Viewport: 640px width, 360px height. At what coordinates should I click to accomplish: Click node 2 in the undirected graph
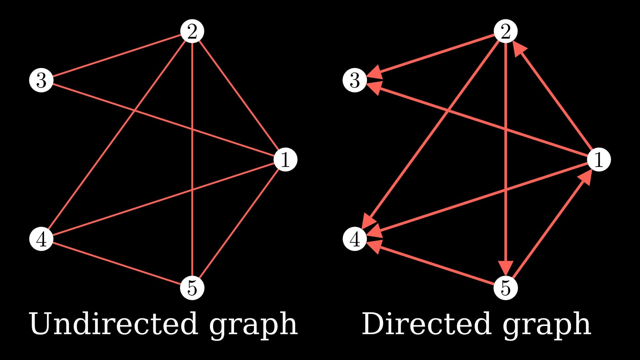click(x=192, y=32)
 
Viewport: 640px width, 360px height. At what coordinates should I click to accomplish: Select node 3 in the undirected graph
click(x=41, y=80)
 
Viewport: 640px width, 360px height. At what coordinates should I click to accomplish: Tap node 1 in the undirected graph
click(x=285, y=159)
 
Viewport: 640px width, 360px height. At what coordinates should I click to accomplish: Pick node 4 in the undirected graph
click(x=41, y=239)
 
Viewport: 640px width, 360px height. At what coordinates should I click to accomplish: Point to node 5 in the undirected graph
click(x=192, y=288)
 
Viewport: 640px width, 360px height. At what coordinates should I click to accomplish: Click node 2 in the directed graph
click(x=505, y=32)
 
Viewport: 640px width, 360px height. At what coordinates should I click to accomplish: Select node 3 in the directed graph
click(x=355, y=80)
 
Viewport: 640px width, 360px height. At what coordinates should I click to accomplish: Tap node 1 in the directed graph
click(x=599, y=159)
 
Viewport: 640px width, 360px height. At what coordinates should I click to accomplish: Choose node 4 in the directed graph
click(x=355, y=239)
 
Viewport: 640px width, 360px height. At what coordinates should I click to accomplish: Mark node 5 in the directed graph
click(x=505, y=288)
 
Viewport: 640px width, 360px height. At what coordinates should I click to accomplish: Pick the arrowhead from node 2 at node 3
click(x=375, y=73)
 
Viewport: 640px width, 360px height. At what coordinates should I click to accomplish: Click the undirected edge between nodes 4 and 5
click(x=117, y=263)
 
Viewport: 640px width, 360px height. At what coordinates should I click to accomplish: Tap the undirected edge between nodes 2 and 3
click(x=117, y=56)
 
